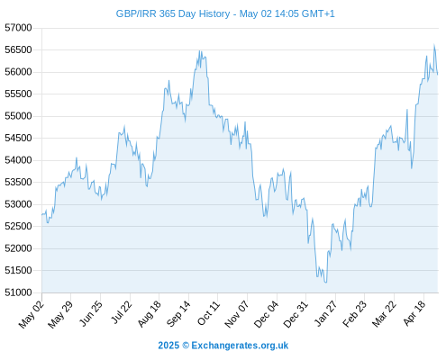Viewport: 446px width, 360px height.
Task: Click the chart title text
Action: (225, 13)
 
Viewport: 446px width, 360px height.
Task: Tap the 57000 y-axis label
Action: (18, 28)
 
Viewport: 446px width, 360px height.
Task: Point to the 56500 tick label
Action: (18, 49)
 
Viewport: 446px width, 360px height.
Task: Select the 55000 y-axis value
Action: (18, 116)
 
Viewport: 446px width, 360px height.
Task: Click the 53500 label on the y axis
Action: (18, 182)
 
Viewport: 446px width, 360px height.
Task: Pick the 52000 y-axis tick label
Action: (18, 248)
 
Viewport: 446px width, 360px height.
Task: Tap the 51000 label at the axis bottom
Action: (18, 292)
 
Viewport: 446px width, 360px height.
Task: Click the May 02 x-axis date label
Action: (32, 314)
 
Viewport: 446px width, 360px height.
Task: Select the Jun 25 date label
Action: (90, 313)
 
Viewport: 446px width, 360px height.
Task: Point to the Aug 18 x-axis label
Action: (149, 314)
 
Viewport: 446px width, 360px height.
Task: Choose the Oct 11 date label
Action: (208, 313)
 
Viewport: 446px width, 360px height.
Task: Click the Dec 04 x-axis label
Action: (267, 314)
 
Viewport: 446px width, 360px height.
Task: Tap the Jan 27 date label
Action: (325, 313)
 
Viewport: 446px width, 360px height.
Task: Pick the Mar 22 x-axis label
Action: (384, 314)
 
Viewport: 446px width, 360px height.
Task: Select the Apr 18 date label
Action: (414, 313)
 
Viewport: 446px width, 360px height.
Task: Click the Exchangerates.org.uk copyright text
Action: (223, 346)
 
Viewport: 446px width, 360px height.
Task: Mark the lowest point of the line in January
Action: (326, 283)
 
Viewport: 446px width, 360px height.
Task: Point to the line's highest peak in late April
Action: (434, 45)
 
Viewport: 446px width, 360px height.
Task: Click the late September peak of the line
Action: (200, 51)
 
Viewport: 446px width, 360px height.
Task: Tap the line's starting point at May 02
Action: (41, 214)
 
